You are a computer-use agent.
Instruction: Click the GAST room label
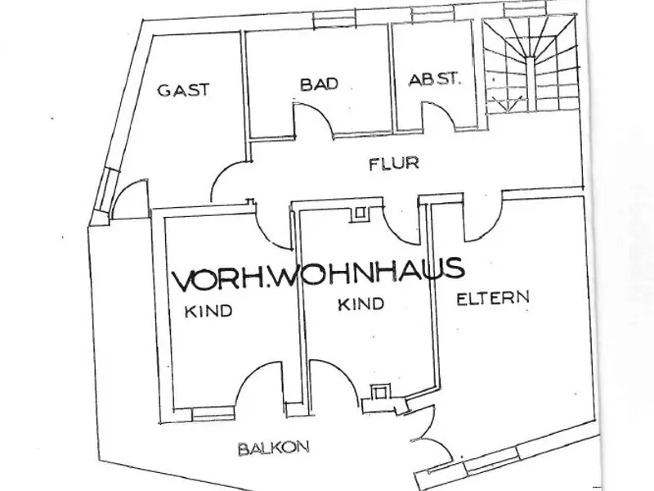pos(183,90)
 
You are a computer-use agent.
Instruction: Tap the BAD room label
pos(319,84)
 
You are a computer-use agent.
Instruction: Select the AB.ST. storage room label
pos(435,79)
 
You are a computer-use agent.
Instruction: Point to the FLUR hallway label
pos(394,164)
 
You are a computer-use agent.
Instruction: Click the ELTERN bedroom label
pos(493,298)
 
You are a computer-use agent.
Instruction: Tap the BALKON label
pos(274,448)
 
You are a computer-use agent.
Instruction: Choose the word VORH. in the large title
pos(220,279)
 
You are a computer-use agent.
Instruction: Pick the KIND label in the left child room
pos(208,311)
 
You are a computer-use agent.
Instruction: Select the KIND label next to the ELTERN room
pos(361,304)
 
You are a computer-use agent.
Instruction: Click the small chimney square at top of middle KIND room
pos(360,214)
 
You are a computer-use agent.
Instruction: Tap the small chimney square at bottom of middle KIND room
pos(379,393)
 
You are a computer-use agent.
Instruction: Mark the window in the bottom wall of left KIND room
pos(213,414)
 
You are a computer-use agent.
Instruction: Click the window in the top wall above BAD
pos(334,19)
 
